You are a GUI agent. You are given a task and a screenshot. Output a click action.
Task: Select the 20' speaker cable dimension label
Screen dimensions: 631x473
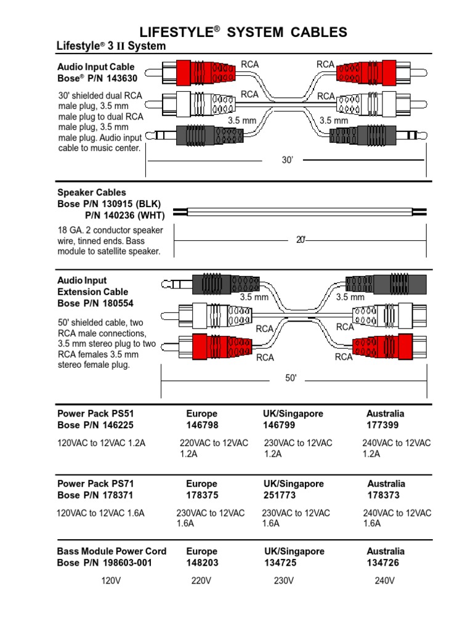pos(301,240)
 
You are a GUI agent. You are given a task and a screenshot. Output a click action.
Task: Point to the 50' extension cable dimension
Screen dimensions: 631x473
pos(291,378)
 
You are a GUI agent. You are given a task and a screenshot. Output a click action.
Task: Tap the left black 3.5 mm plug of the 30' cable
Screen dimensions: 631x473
pos(196,135)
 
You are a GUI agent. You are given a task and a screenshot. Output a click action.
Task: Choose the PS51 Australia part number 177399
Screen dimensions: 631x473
pos(382,425)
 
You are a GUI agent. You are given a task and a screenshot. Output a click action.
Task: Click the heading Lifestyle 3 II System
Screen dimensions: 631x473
pos(111,46)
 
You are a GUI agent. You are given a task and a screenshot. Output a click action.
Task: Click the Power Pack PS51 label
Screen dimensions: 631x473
pos(92,413)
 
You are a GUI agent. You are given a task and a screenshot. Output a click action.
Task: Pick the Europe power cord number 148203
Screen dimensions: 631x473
pos(201,563)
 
